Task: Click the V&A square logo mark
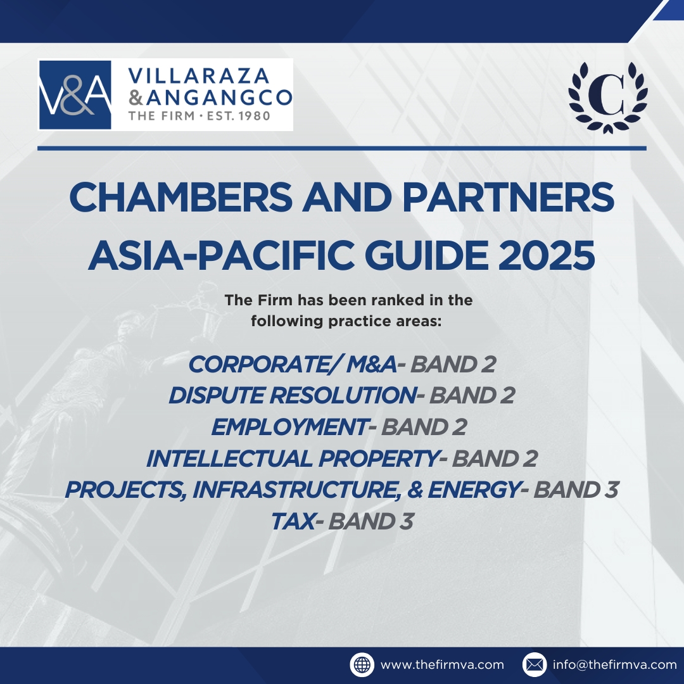pyautogui.click(x=75, y=94)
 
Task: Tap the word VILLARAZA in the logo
pyautogui.click(x=198, y=76)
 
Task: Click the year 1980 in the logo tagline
pyautogui.click(x=255, y=116)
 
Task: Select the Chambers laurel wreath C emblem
pyautogui.click(x=607, y=98)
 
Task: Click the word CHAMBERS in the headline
pyautogui.click(x=180, y=197)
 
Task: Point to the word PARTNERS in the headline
pyautogui.click(x=508, y=197)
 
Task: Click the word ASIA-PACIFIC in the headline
pyautogui.click(x=221, y=255)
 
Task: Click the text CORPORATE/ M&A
pyautogui.click(x=292, y=364)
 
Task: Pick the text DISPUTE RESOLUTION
pyautogui.click(x=292, y=395)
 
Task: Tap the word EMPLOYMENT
pyautogui.click(x=289, y=427)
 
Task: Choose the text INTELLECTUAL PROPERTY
pyautogui.click(x=292, y=459)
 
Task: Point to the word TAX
pyautogui.click(x=293, y=521)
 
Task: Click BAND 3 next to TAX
pyautogui.click(x=370, y=521)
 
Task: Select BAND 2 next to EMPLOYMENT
pyautogui.click(x=424, y=427)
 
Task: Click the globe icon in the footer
pyautogui.click(x=362, y=665)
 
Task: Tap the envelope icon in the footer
pyautogui.click(x=535, y=665)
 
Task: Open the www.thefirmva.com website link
pyautogui.click(x=442, y=665)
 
